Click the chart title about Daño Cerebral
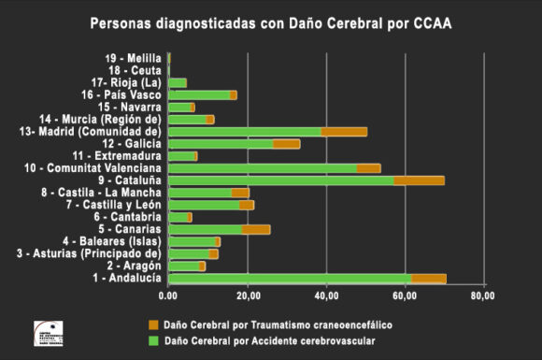click(x=271, y=23)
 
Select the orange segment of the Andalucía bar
click(x=428, y=278)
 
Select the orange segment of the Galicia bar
click(x=286, y=144)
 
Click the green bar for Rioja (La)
click(x=178, y=82)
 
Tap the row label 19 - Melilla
click(x=135, y=58)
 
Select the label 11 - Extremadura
click(x=116, y=155)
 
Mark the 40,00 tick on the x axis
click(x=326, y=296)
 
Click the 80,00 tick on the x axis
click(x=483, y=296)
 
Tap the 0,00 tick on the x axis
click(x=168, y=296)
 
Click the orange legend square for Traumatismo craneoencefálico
click(x=154, y=324)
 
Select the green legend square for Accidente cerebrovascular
click(x=154, y=339)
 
